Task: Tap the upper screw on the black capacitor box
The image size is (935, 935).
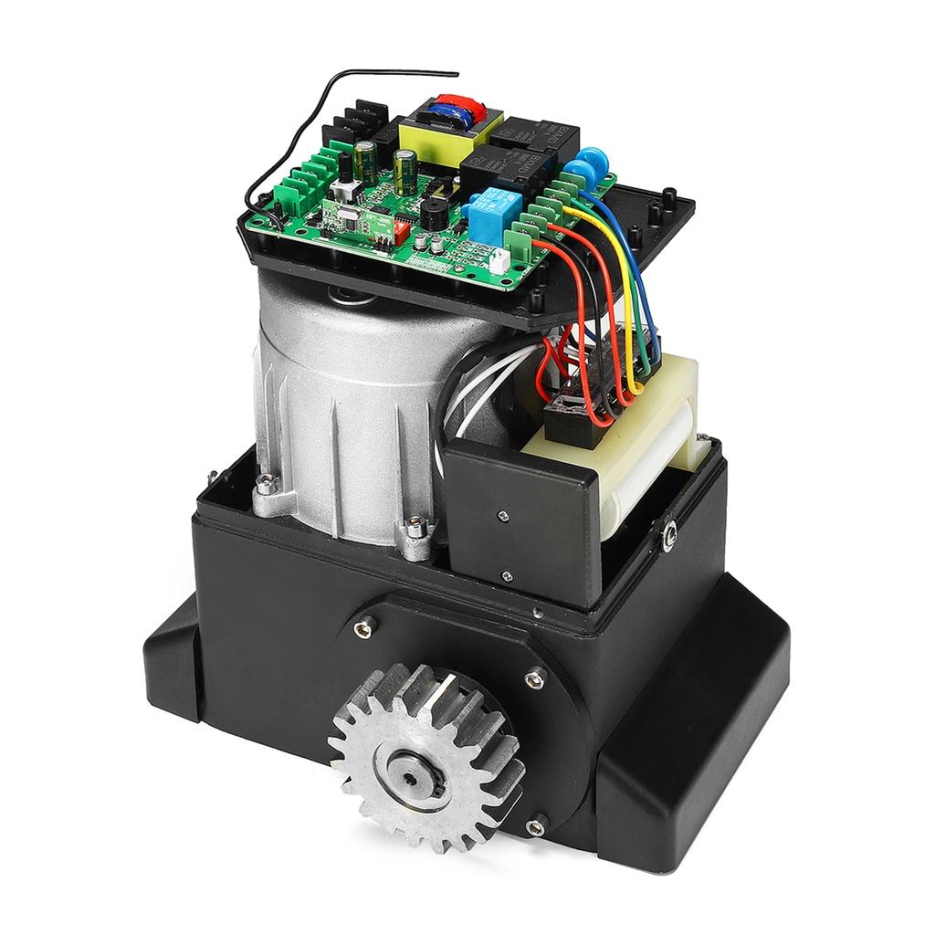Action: point(501,517)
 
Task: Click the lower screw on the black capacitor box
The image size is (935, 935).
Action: point(505,574)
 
